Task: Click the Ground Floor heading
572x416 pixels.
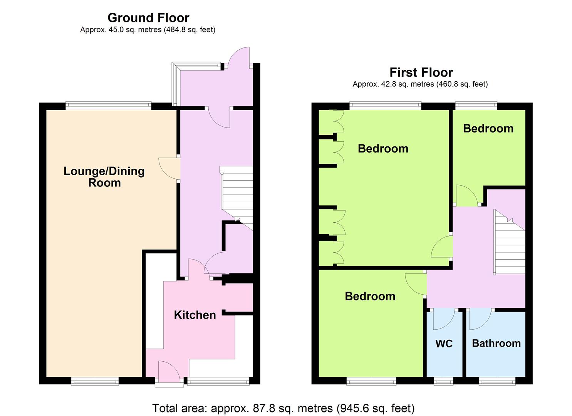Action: [148, 18]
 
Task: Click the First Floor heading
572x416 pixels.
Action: [421, 72]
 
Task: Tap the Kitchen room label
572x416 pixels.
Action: [195, 315]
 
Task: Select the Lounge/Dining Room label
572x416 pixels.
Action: [104, 177]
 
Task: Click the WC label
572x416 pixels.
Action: [444, 344]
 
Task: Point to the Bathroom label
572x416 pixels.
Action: [496, 343]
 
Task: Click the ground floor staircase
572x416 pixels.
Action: [237, 198]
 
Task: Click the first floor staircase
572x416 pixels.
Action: [510, 242]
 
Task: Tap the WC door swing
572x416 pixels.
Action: [444, 319]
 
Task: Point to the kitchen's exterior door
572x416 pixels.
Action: [169, 372]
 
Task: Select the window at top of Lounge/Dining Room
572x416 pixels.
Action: [109, 106]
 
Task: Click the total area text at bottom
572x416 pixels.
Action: [283, 408]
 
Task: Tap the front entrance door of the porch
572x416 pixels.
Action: [239, 57]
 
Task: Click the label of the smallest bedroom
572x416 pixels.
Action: [488, 128]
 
